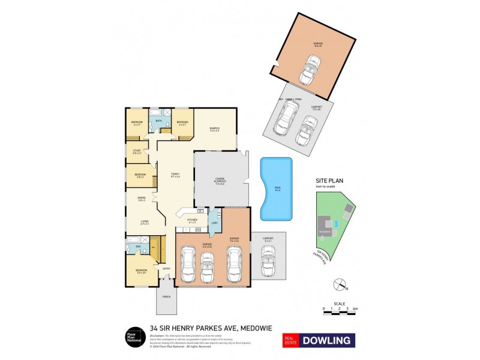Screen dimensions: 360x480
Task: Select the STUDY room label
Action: (137, 152)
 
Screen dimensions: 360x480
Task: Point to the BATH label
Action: (158, 121)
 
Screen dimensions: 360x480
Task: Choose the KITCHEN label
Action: (192, 220)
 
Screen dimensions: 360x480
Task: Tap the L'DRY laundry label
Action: (214, 223)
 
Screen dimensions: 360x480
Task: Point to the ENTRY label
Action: (167, 268)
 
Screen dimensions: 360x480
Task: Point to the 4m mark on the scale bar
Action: (356, 309)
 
